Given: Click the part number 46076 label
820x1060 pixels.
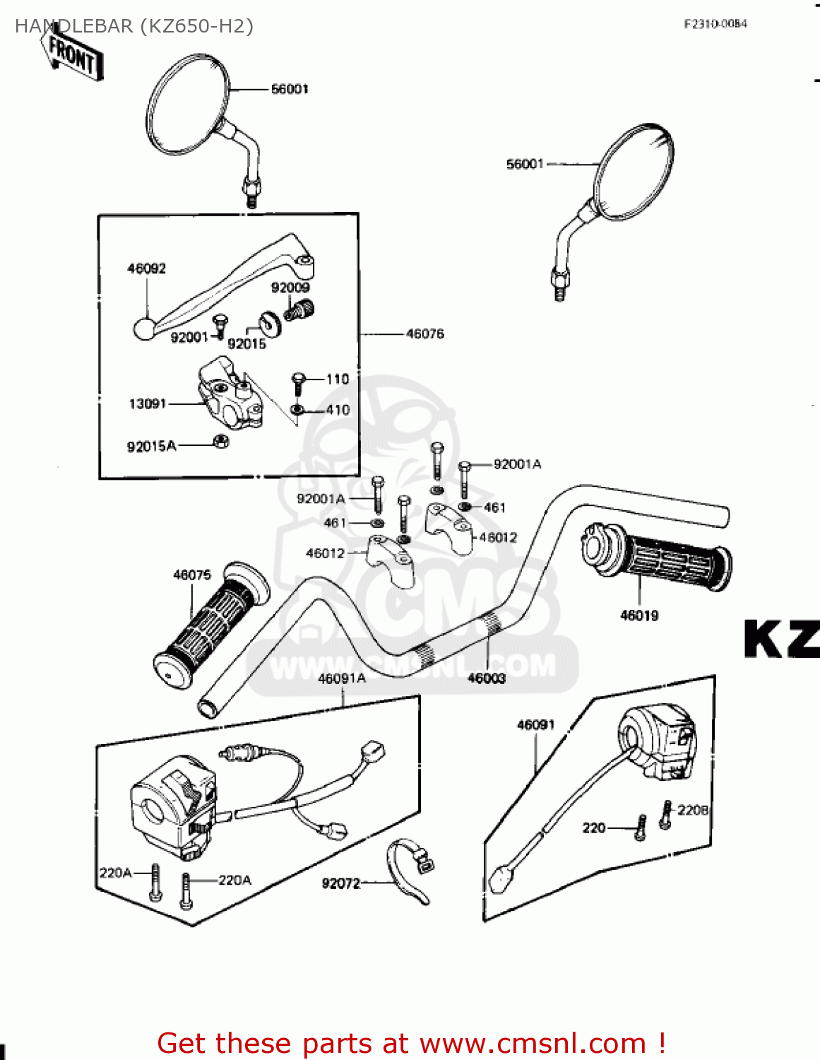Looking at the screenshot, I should click(x=424, y=334).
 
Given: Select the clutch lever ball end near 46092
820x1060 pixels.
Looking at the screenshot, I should click(x=144, y=329).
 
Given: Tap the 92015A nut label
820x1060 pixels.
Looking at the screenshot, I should click(x=151, y=447).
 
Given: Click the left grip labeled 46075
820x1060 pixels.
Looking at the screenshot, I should click(x=212, y=625).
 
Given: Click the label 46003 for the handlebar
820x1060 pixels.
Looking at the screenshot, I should click(x=486, y=678).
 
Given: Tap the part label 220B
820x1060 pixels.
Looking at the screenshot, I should click(x=693, y=810).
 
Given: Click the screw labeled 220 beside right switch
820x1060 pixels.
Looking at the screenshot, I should click(x=641, y=828).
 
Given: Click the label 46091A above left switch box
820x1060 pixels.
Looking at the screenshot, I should click(x=342, y=678).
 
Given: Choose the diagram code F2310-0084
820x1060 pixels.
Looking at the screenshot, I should click(x=715, y=24).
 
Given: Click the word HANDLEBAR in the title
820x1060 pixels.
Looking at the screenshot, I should click(x=74, y=26).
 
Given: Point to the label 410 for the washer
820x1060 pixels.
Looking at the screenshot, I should click(x=338, y=410).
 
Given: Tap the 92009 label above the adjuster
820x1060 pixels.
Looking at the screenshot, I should click(x=290, y=288).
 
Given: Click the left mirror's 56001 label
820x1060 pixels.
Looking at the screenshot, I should click(x=290, y=89).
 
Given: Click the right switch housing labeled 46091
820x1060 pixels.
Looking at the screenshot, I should click(x=657, y=742).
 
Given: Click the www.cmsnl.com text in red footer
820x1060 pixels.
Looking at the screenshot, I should click(x=533, y=1044).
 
